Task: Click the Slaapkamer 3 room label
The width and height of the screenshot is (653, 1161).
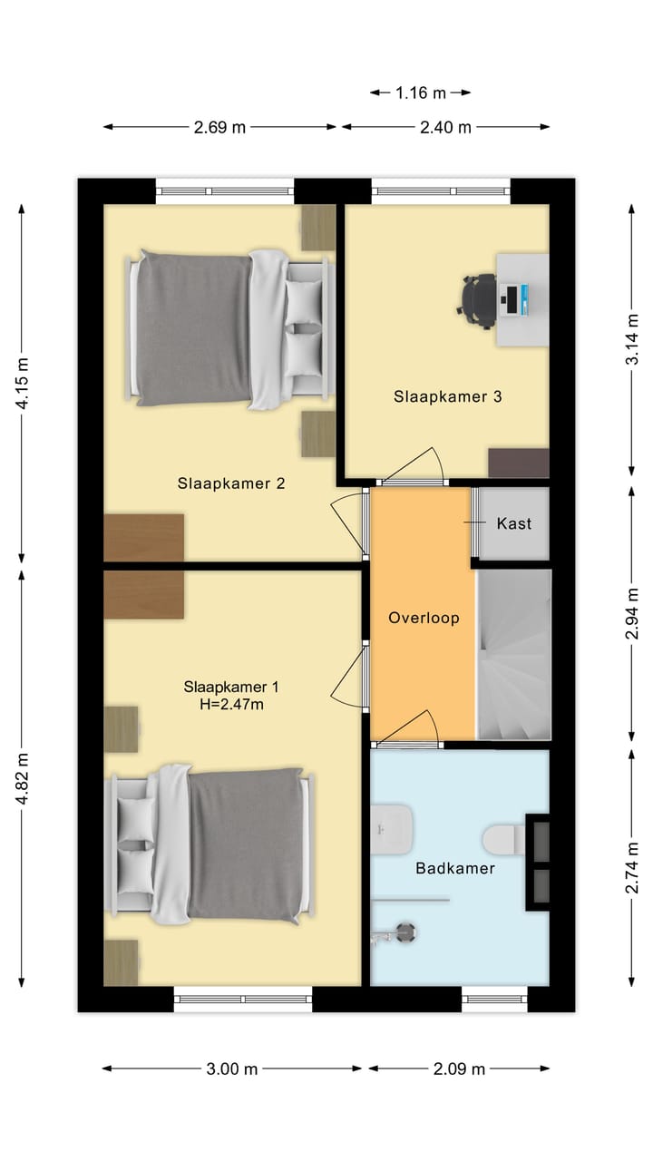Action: click(447, 396)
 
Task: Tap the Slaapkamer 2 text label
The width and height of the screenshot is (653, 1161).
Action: click(231, 483)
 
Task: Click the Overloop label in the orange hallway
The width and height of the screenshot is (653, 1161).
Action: click(424, 618)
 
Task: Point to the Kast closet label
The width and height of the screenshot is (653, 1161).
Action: click(513, 523)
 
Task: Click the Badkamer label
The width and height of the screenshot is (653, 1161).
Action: click(455, 868)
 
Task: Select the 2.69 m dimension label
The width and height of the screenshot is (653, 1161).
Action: click(219, 127)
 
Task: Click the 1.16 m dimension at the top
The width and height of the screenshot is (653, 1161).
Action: click(421, 92)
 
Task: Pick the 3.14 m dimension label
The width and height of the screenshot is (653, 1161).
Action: click(632, 339)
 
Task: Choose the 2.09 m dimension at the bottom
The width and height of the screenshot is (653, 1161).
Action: click(461, 1068)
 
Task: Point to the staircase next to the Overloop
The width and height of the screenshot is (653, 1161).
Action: click(513, 653)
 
